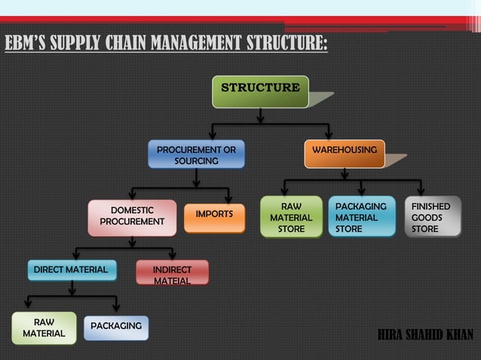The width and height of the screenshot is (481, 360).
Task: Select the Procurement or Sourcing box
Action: point(196,155)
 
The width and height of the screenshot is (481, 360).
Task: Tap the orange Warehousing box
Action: point(345,151)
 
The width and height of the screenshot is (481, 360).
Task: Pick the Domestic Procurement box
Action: point(132,216)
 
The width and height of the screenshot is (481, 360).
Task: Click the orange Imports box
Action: point(214,215)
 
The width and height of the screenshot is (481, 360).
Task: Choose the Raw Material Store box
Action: point(291,217)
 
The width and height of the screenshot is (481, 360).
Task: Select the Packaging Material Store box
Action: point(361,217)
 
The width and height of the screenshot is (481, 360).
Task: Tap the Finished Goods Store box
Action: point(432,217)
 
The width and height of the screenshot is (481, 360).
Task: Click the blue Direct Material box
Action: point(71,270)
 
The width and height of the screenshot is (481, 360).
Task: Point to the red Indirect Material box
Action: point(172,273)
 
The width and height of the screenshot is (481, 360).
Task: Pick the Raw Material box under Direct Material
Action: point(44,328)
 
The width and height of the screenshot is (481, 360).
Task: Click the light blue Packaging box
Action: point(116,326)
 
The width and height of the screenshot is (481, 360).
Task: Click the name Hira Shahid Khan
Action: point(425,334)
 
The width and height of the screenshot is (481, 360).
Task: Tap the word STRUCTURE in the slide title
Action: point(283,42)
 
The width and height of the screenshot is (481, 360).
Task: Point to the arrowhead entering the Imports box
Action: point(228,198)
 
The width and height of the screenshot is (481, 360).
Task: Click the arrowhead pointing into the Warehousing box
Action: point(328,134)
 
